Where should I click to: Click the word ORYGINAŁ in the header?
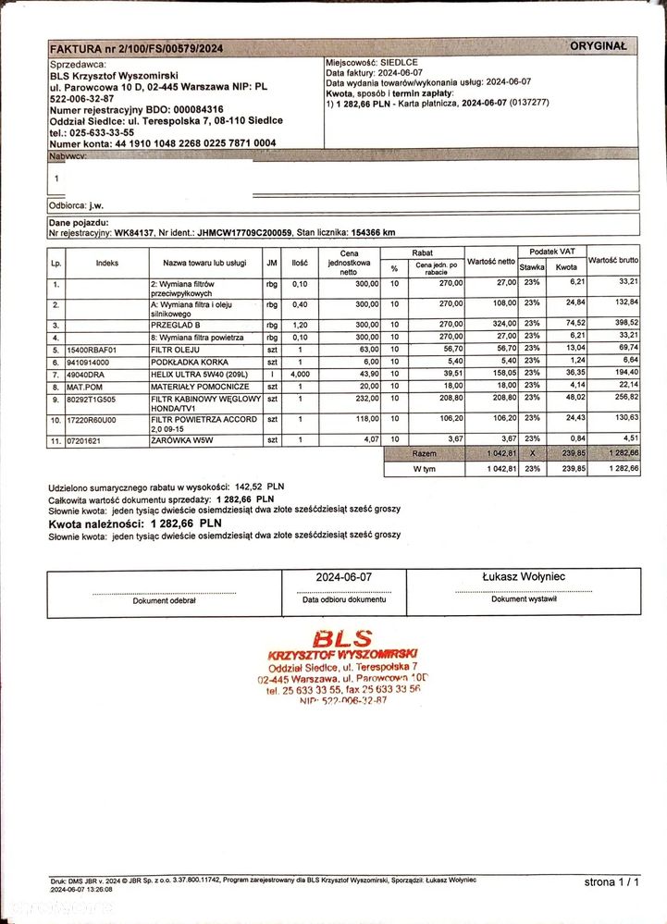pos(598,45)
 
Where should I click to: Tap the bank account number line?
pos(162,143)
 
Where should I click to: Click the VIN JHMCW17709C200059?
pos(244,233)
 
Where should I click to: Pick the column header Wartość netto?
pos(491,263)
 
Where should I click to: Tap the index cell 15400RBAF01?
pos(91,350)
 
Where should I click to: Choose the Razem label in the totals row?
pos(425,454)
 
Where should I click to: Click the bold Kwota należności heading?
pos(91,524)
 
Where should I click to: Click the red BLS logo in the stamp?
pos(341,638)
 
